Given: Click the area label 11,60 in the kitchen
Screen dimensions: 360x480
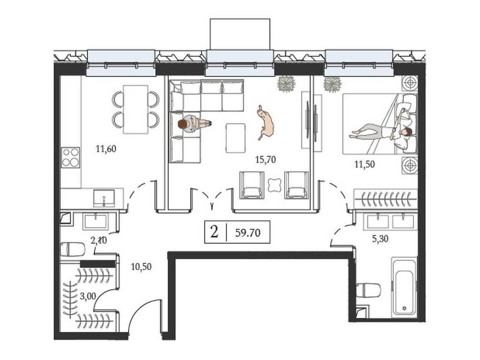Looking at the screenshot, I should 105,150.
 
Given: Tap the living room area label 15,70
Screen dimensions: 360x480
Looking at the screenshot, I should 265,159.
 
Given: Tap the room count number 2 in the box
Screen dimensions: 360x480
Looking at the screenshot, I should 215,232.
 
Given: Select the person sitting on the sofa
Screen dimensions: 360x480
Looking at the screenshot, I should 192,124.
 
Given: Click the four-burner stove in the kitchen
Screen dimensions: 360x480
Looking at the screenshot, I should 71,157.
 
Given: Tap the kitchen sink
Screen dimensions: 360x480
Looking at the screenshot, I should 103,197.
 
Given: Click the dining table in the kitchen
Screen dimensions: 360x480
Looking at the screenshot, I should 135,109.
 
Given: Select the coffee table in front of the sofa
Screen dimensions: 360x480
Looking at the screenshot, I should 235,137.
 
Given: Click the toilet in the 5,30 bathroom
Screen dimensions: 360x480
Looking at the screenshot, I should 368,290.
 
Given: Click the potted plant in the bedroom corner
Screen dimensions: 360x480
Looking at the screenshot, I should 332,84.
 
